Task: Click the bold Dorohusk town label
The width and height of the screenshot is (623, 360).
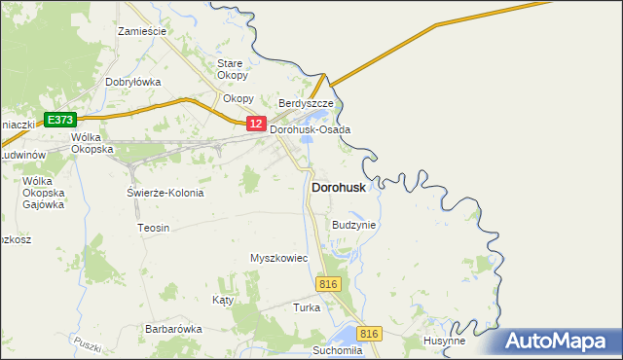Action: [339, 188]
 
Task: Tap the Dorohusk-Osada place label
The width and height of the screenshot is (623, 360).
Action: [310, 129]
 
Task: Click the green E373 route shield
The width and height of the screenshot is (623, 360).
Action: [60, 120]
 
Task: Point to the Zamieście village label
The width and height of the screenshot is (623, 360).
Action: [142, 31]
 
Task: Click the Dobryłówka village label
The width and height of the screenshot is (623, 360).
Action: [132, 83]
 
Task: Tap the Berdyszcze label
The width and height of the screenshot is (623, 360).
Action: [306, 103]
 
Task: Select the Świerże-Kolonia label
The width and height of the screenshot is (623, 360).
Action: [165, 193]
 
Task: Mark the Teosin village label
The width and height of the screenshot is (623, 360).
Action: [154, 228]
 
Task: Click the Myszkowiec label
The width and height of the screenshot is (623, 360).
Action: [278, 258]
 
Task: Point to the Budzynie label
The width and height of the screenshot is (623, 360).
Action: [353, 225]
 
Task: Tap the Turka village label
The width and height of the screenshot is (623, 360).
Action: [307, 307]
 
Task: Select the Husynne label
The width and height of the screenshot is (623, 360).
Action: [444, 342]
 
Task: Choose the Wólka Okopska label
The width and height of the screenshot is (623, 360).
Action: [92, 143]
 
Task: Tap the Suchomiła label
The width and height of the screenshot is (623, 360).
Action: [338, 349]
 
